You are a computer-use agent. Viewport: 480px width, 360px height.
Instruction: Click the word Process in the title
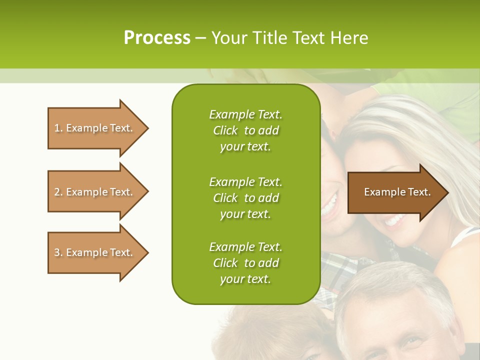pos(157,38)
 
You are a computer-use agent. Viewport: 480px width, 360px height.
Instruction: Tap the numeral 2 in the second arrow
pos(57,192)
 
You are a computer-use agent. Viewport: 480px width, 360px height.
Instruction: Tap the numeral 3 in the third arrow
pos(57,252)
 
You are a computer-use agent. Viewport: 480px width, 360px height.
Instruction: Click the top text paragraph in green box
pos(245,130)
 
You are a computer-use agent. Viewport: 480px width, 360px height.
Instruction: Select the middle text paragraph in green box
pos(245,197)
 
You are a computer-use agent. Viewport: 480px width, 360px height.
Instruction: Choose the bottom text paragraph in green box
pos(245,262)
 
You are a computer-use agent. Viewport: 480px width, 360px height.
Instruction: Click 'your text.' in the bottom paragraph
pos(245,279)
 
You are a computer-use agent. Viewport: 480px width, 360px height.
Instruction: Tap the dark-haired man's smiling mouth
pos(330,204)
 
